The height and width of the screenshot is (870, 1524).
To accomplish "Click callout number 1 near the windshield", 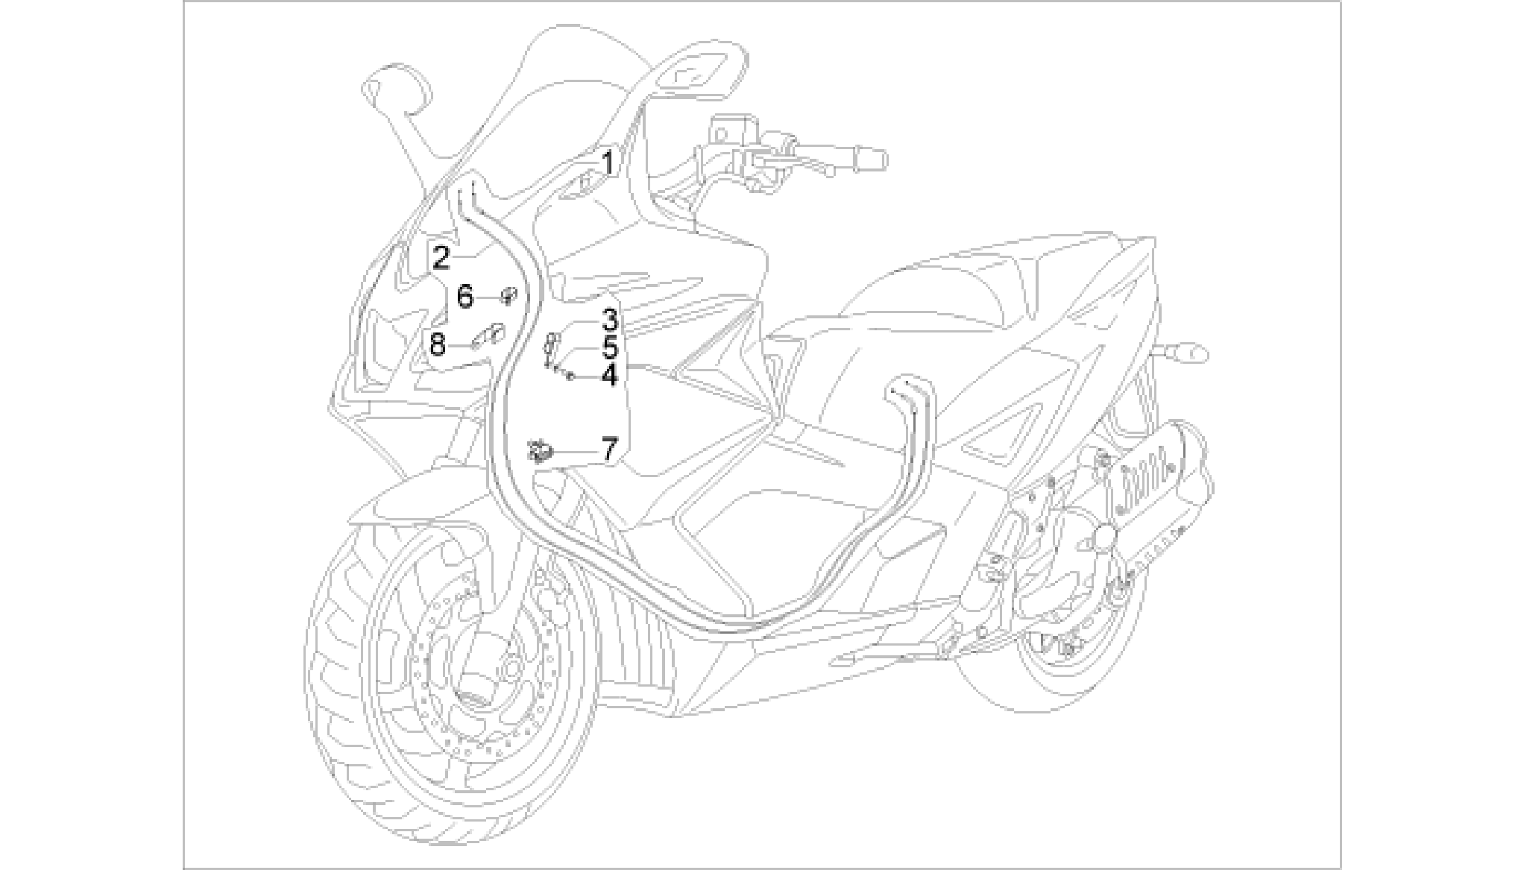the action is point(608,163).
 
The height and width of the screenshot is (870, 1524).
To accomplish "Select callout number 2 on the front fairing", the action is point(441,258).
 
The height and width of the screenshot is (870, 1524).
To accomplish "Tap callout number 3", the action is point(610,320).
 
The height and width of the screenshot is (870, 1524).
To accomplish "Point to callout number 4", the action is point(610,375).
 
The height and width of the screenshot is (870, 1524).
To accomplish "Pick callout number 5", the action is point(610,347).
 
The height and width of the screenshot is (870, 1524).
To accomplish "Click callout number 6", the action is point(465,297).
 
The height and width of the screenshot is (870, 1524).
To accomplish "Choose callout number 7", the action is point(609,449).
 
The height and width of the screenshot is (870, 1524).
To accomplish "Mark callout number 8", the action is point(437,344).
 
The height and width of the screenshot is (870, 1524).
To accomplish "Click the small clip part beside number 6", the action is point(508,295).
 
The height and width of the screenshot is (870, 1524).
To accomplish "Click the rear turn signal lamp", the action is point(1190,351).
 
